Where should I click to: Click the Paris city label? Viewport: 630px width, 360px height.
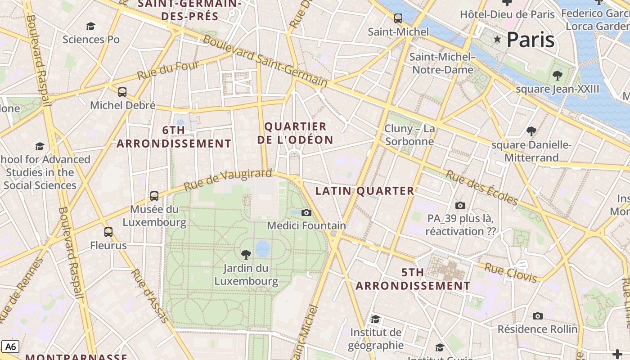(x=530, y=40)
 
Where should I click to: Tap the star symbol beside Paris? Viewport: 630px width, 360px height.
(x=497, y=40)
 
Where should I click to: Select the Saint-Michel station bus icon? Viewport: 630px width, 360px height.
(x=398, y=18)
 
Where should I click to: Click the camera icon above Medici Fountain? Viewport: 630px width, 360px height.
(x=306, y=212)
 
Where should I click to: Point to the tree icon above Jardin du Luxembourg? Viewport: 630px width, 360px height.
(x=246, y=255)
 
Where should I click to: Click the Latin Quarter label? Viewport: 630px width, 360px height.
(x=364, y=191)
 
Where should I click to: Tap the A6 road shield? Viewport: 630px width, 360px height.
(x=10, y=346)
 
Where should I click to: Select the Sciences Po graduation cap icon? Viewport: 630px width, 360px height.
(x=91, y=26)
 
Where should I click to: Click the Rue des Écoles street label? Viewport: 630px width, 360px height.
(x=481, y=187)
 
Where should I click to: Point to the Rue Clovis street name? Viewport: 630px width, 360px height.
(x=511, y=273)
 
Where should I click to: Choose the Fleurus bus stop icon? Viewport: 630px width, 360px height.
(x=108, y=232)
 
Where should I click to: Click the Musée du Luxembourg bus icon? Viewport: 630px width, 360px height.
(x=154, y=196)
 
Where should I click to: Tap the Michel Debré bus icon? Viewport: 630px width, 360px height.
(x=122, y=92)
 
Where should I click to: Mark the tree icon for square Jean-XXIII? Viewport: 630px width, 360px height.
(x=558, y=75)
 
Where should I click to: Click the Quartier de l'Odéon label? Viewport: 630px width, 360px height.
(x=295, y=133)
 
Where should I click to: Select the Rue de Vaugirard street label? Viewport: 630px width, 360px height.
(x=228, y=179)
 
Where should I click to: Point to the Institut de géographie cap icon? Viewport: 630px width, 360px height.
(x=376, y=319)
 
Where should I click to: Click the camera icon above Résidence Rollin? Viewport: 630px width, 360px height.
(x=537, y=316)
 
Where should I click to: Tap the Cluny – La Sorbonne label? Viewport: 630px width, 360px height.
(x=409, y=135)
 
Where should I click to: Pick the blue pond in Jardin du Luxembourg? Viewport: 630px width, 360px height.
(x=263, y=248)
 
